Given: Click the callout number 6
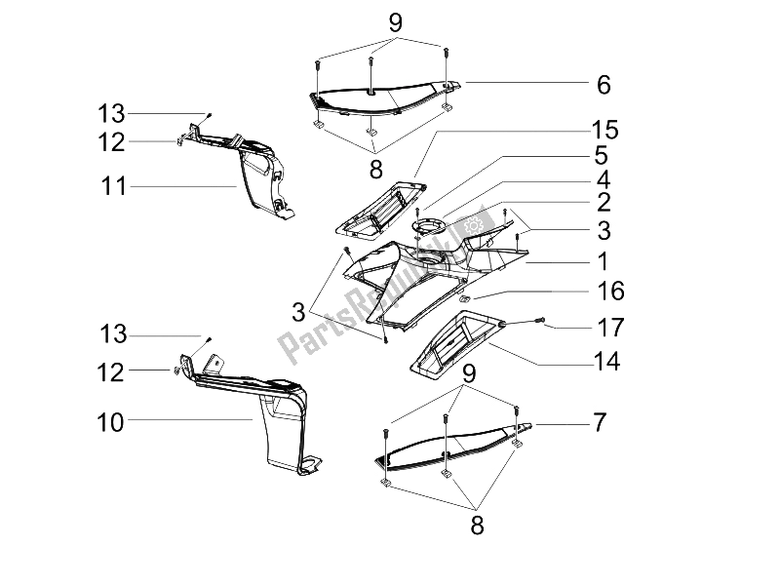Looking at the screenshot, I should click(x=604, y=86).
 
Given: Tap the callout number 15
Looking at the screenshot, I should click(x=603, y=130).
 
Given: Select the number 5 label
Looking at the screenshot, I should click(x=603, y=155).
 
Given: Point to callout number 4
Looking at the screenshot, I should click(x=603, y=179).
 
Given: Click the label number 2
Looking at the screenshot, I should click(x=603, y=203).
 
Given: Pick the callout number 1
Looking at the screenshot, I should click(x=603, y=261).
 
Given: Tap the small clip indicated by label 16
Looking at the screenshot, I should click(x=466, y=298).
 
